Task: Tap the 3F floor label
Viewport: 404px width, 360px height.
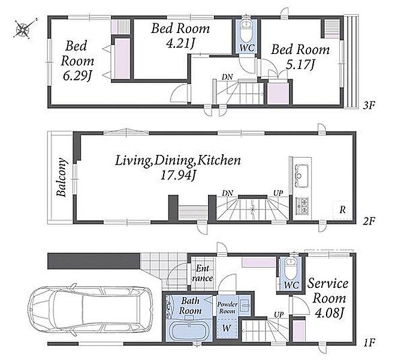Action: (x=369, y=105)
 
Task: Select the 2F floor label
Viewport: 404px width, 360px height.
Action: (x=369, y=221)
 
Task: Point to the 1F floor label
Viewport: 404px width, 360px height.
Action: (x=369, y=343)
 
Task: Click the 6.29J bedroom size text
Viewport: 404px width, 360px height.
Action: (x=77, y=76)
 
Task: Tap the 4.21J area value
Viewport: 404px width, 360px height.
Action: (x=180, y=44)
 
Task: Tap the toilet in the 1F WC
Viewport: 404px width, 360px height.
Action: (x=291, y=268)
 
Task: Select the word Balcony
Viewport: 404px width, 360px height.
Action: (x=62, y=177)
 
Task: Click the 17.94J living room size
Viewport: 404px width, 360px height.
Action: (x=178, y=176)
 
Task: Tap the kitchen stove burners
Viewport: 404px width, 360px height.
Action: (x=302, y=206)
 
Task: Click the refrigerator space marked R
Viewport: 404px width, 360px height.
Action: (x=342, y=209)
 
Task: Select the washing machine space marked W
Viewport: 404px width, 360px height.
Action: (x=227, y=328)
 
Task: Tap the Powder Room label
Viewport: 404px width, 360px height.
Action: (x=227, y=308)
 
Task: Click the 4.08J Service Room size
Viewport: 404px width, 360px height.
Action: (x=330, y=313)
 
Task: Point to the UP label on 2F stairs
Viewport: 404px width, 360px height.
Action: (x=278, y=193)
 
